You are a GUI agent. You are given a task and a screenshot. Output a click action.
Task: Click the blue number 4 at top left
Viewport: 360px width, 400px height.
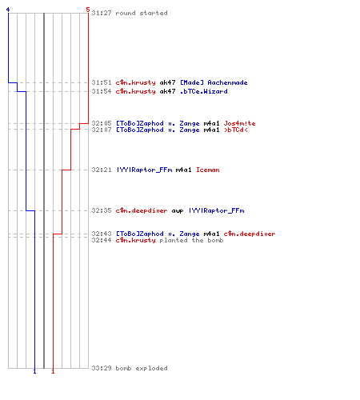pyautogui.click(x=8, y=10)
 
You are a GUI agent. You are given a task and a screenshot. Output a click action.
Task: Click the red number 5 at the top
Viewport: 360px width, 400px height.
pyautogui.click(x=88, y=10)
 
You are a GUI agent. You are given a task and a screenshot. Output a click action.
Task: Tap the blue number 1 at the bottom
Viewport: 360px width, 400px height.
pyautogui.click(x=34, y=371)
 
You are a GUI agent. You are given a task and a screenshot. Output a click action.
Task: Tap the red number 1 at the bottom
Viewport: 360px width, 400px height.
pyautogui.click(x=53, y=371)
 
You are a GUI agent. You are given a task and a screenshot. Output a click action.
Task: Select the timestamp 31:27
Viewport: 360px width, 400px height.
pyautogui.click(x=102, y=13)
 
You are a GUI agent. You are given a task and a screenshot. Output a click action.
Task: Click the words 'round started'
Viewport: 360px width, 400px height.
pyautogui.click(x=142, y=13)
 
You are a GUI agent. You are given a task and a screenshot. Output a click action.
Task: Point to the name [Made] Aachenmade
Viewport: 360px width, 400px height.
pyautogui.click(x=214, y=82)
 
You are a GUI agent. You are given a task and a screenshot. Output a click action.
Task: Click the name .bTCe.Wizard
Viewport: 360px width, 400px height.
pyautogui.click(x=204, y=91)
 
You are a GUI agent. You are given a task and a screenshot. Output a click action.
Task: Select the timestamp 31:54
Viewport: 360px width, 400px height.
pyautogui.click(x=102, y=91)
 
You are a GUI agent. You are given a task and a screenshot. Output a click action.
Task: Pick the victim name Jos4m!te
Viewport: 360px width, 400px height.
pyautogui.click(x=239, y=123)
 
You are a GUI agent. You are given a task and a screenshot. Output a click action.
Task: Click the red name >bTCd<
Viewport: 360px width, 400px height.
pyautogui.click(x=236, y=130)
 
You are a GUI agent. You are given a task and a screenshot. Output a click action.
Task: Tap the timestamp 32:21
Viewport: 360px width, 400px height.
pyautogui.click(x=102, y=170)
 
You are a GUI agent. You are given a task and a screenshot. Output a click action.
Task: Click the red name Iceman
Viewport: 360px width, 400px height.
pyautogui.click(x=208, y=170)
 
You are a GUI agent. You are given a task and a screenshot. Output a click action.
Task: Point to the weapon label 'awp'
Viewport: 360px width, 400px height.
pyautogui.click(x=178, y=211)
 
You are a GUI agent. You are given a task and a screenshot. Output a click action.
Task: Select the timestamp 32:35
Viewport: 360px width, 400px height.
pyautogui.click(x=102, y=210)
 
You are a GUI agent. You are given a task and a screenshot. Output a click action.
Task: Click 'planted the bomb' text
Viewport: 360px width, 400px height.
pyautogui.click(x=191, y=240)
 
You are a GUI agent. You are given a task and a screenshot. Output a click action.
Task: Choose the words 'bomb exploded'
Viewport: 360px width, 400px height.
pyautogui.click(x=142, y=368)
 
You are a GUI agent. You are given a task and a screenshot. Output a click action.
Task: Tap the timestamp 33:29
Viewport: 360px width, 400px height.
pyautogui.click(x=102, y=368)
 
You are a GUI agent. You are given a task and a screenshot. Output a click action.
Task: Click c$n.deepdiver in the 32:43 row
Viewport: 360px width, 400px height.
pyautogui.click(x=250, y=234)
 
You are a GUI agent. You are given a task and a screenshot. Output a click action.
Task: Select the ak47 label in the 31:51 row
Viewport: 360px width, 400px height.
pyautogui.click(x=167, y=82)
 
